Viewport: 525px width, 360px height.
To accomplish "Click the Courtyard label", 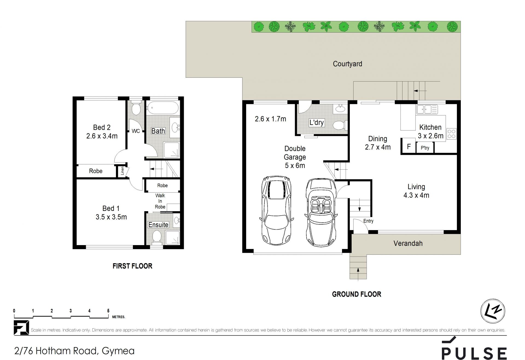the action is (x=347, y=64).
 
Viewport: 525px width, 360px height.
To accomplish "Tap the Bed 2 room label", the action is (x=102, y=127).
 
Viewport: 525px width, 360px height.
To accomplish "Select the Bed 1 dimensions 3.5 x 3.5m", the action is (x=111, y=217).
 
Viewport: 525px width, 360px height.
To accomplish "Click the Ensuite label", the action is (x=158, y=225).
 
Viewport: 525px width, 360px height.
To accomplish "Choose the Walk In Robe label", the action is (x=160, y=201).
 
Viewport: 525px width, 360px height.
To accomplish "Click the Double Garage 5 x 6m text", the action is (x=295, y=157).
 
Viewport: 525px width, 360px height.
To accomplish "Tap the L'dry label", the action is (x=316, y=123).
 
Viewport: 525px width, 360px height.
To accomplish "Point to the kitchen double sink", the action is (x=427, y=109).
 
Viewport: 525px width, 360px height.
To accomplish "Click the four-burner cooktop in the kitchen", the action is (x=451, y=134).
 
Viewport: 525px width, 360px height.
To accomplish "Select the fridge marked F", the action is (x=409, y=147).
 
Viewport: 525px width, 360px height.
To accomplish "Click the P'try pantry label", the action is (x=425, y=148).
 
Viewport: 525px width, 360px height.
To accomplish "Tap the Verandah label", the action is (x=408, y=243).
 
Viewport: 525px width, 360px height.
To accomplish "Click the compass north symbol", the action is (x=493, y=311).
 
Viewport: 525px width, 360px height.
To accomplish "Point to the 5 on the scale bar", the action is (x=108, y=311).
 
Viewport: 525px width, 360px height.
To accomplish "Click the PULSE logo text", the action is (x=474, y=353).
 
